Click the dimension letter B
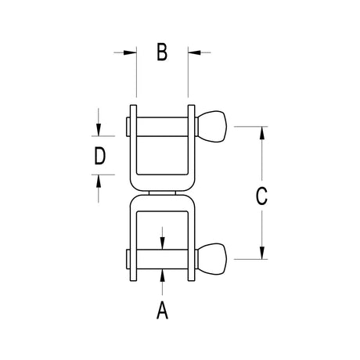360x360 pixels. tap(162, 52)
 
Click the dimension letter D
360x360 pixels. tap(100, 156)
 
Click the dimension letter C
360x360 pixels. tap(261, 196)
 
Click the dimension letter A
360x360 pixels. tap(162, 310)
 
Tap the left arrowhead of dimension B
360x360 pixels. tap(130, 52)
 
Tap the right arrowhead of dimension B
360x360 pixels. tap(195, 52)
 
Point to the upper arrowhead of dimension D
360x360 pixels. tap(99, 130)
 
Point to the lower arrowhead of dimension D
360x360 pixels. tap(99, 181)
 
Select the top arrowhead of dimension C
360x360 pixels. tap(262, 133)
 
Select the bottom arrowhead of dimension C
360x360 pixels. tap(262, 253)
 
